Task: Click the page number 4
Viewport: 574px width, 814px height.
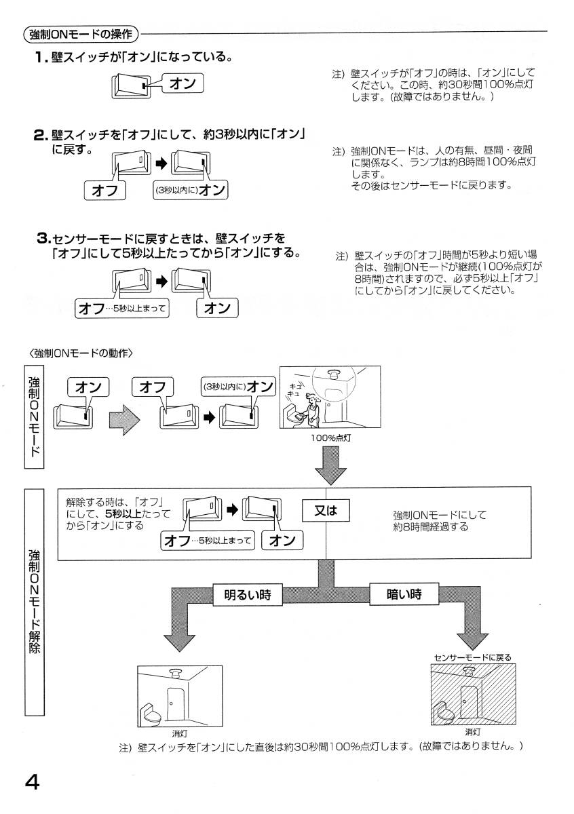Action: point(31,782)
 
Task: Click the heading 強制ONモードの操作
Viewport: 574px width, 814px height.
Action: point(80,33)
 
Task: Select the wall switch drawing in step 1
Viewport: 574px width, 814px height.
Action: point(132,85)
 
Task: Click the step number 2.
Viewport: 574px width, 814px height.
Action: point(40,135)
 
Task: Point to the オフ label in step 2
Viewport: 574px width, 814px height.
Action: point(105,191)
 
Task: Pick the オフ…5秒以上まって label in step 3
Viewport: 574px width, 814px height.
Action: point(123,309)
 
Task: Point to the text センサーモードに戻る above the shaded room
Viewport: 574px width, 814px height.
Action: point(472,657)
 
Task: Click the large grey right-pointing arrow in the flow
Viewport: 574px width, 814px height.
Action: point(124,419)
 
